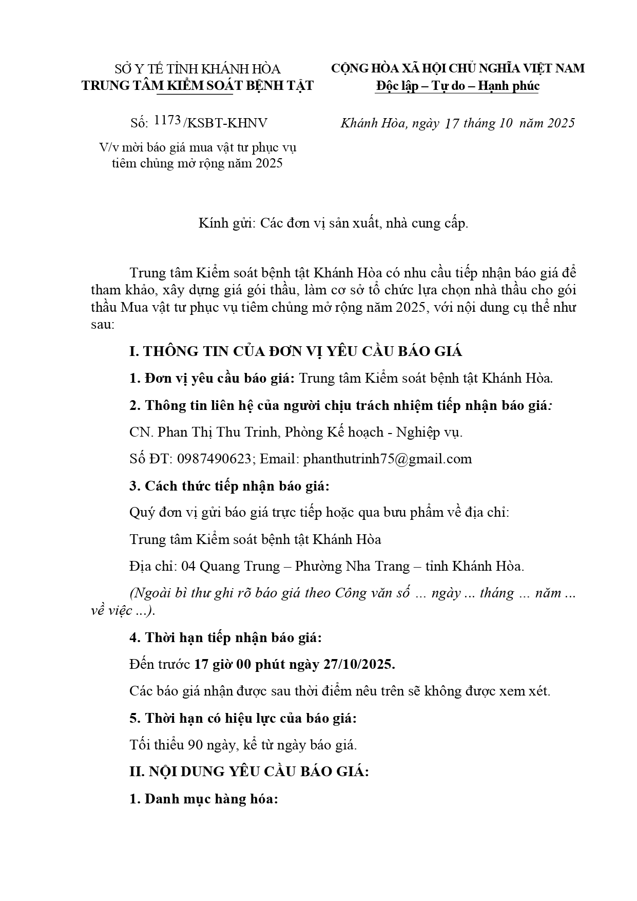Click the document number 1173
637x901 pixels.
[x=167, y=121]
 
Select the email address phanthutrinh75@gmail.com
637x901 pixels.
[x=388, y=459]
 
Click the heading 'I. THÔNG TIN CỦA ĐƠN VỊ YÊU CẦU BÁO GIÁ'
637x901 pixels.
[x=296, y=351]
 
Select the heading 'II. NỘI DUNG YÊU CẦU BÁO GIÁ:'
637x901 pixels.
[x=249, y=772]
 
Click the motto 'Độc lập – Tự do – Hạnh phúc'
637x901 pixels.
[x=457, y=85]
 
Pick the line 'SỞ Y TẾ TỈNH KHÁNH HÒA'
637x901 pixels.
[x=198, y=69]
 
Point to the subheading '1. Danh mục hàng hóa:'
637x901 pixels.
[x=203, y=799]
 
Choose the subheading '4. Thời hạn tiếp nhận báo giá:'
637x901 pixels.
[x=225, y=637]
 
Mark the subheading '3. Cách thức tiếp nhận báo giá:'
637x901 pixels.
[x=229, y=485]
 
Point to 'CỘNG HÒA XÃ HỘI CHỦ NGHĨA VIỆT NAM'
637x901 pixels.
[x=457, y=68]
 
